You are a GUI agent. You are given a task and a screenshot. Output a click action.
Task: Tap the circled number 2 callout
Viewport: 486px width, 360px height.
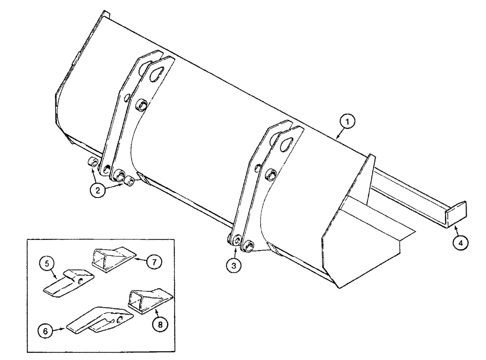(x=98, y=191)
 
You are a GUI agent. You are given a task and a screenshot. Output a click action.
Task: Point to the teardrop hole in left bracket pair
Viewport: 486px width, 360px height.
(x=156, y=74)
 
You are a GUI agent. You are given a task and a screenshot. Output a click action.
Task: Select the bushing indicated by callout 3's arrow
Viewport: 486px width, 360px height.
(x=238, y=241)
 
